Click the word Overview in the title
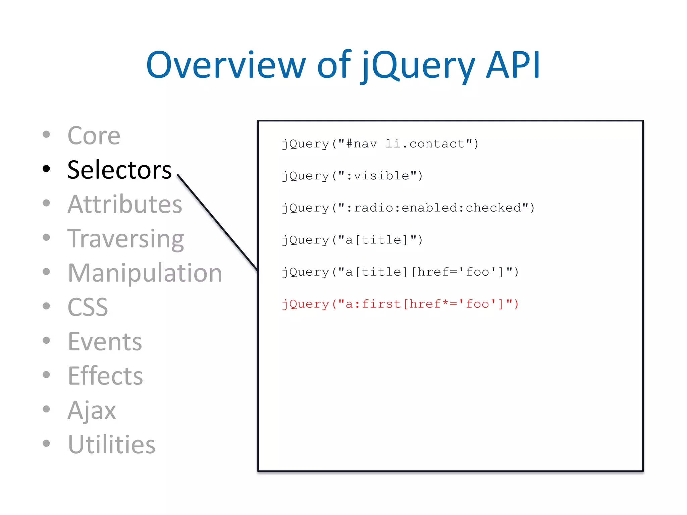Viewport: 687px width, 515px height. [226, 65]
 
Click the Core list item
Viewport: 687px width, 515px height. [94, 136]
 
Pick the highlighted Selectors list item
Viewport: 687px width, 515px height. [119, 170]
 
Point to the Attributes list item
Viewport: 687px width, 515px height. [124, 204]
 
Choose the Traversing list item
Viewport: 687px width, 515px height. [125, 239]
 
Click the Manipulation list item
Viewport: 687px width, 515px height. [145, 273]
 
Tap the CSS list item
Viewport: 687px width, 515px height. [88, 307]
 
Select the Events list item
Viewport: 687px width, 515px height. [105, 342]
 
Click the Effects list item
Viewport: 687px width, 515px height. [105, 376]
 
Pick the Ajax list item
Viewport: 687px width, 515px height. [92, 410]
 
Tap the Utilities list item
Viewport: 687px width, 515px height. [111, 445]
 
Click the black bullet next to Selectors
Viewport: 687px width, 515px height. [46, 169]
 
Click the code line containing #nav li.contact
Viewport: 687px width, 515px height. [380, 144]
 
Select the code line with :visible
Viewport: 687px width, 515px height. [352, 176]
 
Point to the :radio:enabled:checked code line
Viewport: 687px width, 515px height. [408, 208]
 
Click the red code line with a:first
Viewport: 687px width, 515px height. [400, 304]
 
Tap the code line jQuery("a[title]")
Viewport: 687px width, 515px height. [352, 240]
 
